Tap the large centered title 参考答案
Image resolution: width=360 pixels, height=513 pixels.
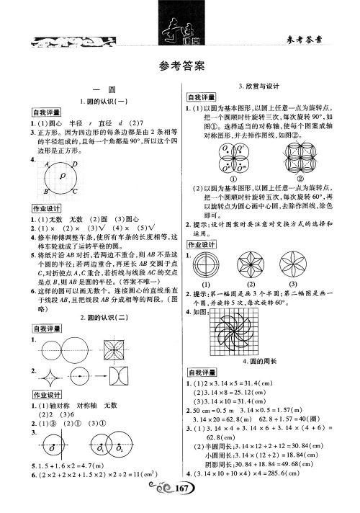tap(180, 66)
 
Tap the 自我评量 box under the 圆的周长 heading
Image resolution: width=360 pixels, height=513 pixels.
tap(202, 371)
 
